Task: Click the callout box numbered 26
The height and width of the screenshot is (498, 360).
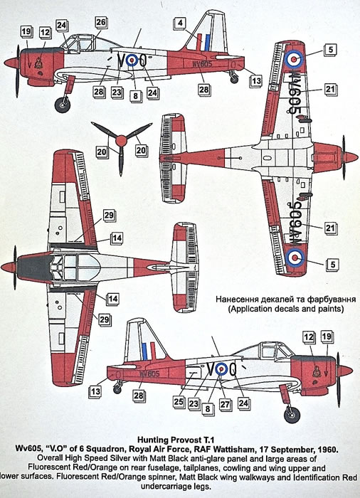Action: click(x=100, y=23)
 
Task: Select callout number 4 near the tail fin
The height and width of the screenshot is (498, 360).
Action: click(x=180, y=23)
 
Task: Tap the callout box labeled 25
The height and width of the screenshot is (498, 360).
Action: click(x=179, y=402)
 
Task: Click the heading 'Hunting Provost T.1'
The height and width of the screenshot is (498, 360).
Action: click(x=176, y=440)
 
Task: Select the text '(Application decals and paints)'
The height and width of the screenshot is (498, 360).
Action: click(x=285, y=309)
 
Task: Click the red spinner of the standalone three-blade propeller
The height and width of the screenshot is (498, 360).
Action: click(x=121, y=141)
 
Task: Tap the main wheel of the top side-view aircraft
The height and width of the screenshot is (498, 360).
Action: click(x=63, y=105)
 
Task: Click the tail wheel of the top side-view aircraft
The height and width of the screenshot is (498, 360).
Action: click(x=234, y=79)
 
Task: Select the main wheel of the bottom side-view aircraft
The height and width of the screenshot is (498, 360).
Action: click(x=292, y=415)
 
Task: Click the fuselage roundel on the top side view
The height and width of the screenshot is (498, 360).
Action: click(x=132, y=60)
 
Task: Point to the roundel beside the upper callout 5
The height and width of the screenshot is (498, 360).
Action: click(x=295, y=59)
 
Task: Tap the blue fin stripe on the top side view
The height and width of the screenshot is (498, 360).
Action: click(x=207, y=43)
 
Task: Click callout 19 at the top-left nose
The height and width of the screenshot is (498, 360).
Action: click(x=26, y=32)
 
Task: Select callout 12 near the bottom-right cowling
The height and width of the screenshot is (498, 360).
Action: click(x=309, y=337)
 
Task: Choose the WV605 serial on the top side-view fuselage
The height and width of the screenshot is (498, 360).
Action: click(x=202, y=63)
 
